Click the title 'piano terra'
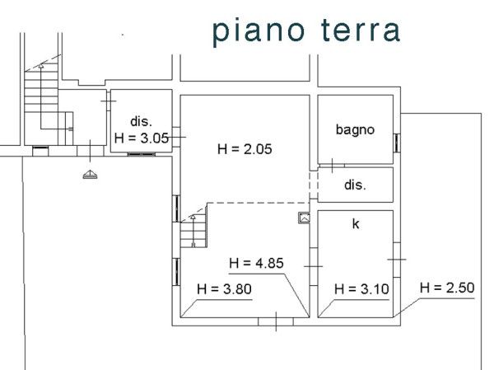[x=306, y=31]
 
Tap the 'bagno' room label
[x=355, y=130]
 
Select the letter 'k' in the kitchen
[x=356, y=223]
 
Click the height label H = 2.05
[x=245, y=149]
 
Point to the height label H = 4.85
[x=256, y=263]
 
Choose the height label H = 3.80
[x=224, y=289]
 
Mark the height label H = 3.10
[x=361, y=289]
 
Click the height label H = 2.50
[x=447, y=288]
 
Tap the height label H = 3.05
[x=142, y=138]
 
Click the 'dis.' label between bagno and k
[x=356, y=185]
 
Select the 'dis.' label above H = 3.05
[x=141, y=121]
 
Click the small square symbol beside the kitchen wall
[x=304, y=218]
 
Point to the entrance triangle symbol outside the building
[x=90, y=174]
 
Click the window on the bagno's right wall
[x=397, y=143]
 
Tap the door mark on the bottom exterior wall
[x=276, y=321]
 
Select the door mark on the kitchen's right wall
[x=397, y=260]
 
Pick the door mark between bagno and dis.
[x=332, y=166]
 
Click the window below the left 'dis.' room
[x=142, y=154]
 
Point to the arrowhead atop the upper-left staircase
[x=41, y=66]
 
